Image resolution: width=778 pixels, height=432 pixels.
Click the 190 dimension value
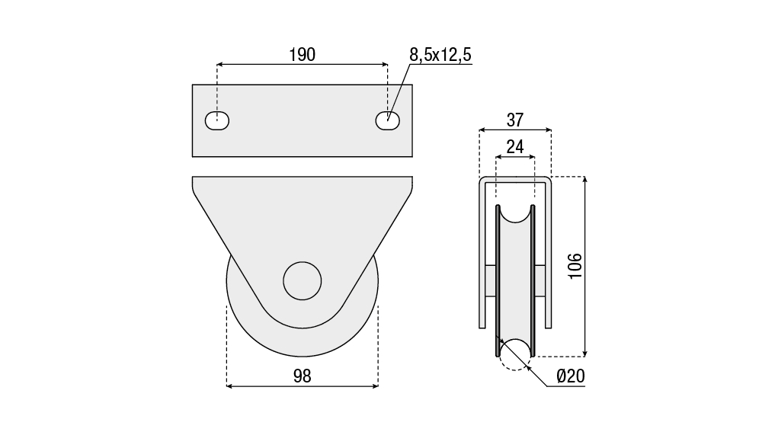pyautogui.click(x=303, y=55)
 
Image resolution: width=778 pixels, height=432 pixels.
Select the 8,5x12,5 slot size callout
pyautogui.click(x=440, y=55)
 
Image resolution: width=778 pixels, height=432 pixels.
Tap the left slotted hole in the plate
pyautogui.click(x=217, y=120)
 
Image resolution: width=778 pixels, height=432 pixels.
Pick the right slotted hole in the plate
pyautogui.click(x=388, y=120)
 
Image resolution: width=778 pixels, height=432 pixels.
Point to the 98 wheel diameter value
pyautogui.click(x=303, y=376)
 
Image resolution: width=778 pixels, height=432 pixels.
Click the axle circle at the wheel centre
pyautogui.click(x=303, y=281)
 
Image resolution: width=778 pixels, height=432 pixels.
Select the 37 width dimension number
pyautogui.click(x=515, y=120)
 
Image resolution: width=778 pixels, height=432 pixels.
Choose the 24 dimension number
pyautogui.click(x=515, y=147)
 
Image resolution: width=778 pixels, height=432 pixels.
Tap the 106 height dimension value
pyautogui.click(x=575, y=266)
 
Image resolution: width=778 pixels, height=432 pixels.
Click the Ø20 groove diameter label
pyautogui.click(x=571, y=376)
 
